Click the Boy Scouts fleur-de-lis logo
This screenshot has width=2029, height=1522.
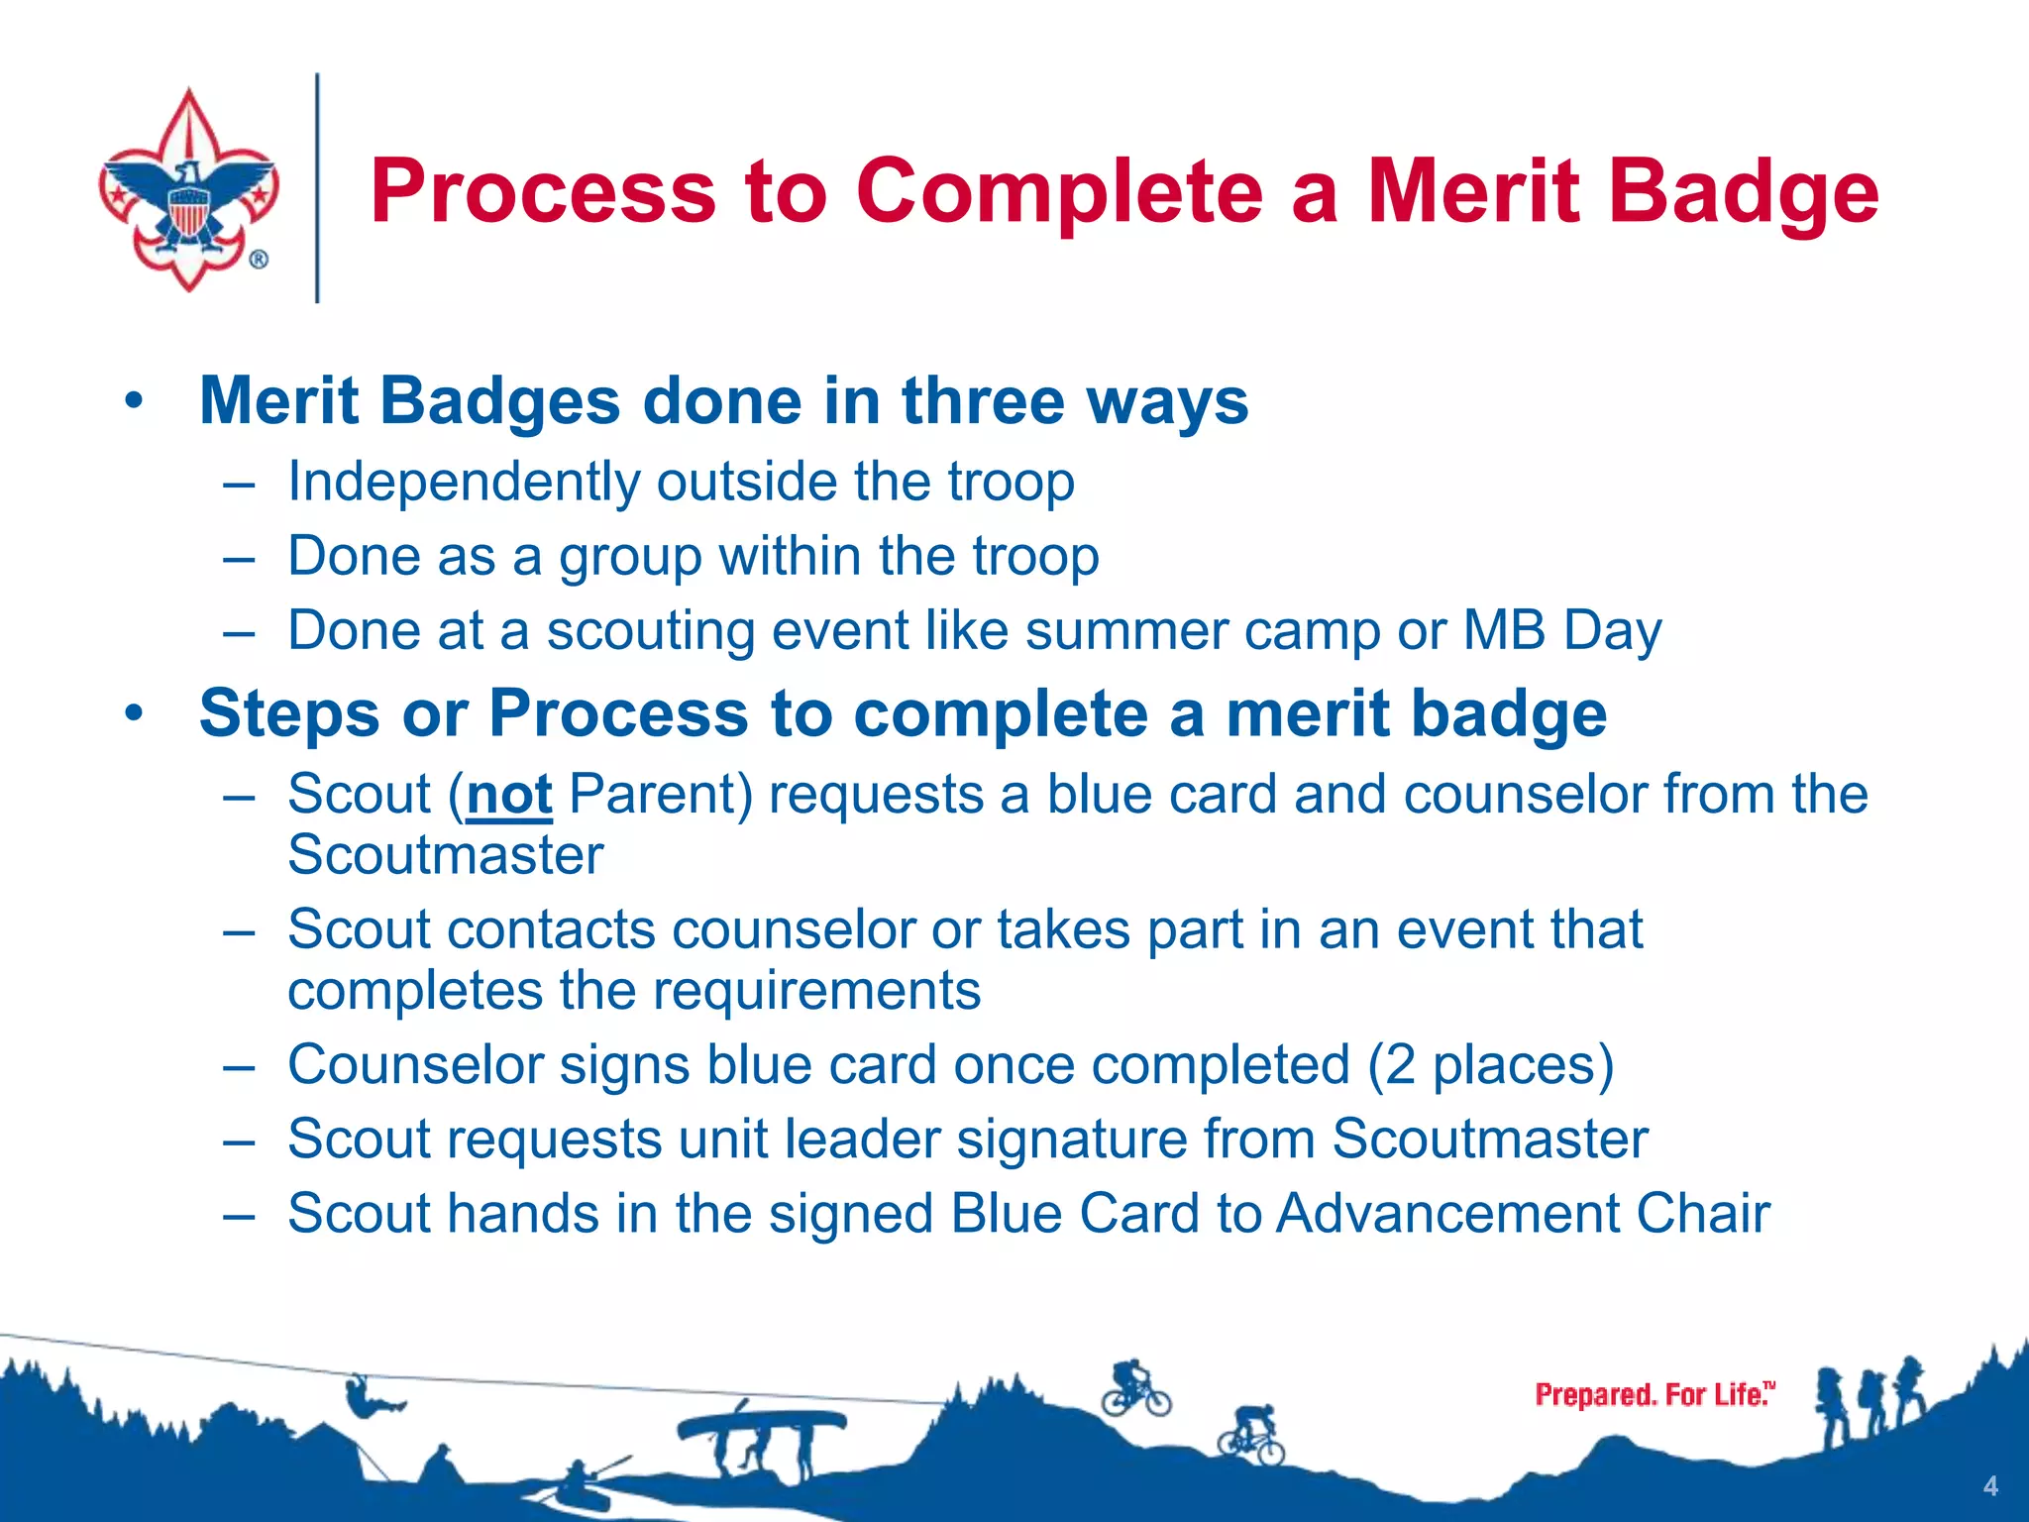click(188, 188)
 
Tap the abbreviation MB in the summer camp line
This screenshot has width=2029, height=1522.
click(1504, 631)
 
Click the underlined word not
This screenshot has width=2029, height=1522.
click(508, 796)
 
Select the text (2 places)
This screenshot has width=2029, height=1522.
click(1490, 1066)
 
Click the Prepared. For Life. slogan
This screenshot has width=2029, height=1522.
click(1654, 1394)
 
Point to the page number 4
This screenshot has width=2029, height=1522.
click(1989, 1486)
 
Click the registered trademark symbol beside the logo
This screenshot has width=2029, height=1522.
click(258, 260)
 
